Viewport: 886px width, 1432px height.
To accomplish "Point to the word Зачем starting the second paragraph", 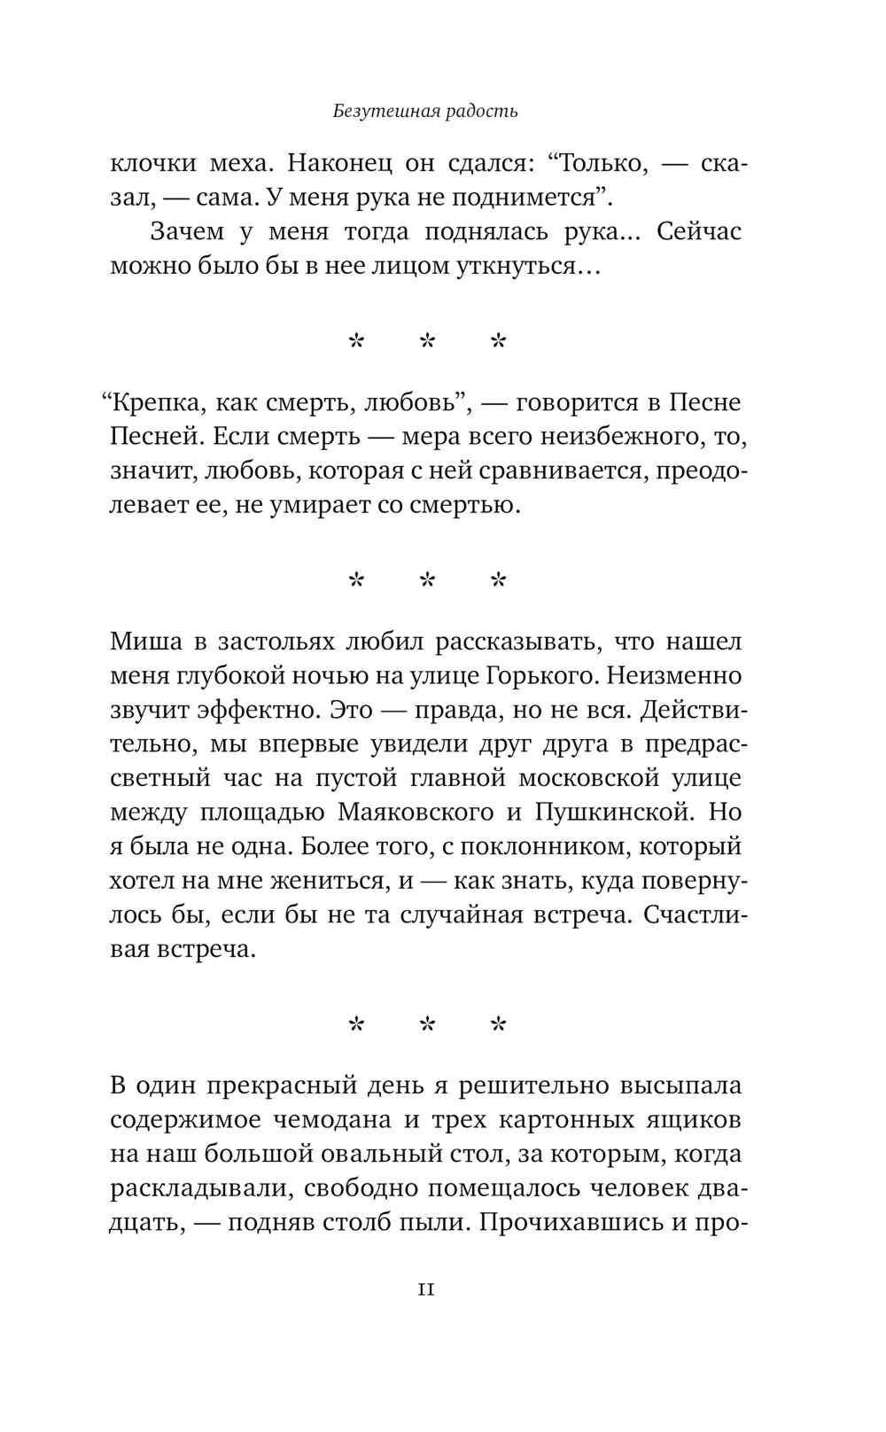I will coord(186,231).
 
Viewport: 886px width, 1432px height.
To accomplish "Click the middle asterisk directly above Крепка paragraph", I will coord(427,341).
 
